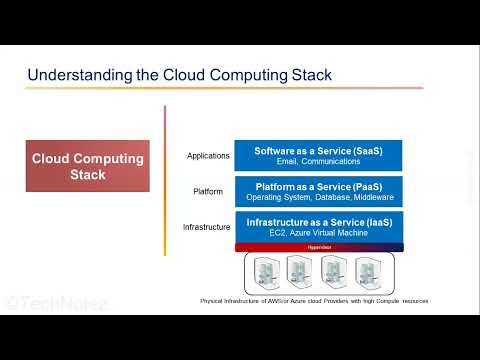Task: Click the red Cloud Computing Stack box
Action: [88, 166]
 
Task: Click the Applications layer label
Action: [208, 156]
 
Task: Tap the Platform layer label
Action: [208, 191]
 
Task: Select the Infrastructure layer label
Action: [207, 227]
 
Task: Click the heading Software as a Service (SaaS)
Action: [318, 150]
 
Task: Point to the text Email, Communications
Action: [318, 162]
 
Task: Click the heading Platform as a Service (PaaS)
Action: [318, 186]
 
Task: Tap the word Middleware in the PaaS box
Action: [370, 198]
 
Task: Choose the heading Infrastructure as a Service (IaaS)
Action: [318, 221]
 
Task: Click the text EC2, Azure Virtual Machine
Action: [318, 233]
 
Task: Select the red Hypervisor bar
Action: [318, 246]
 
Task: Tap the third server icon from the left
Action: [335, 272]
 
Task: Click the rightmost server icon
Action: [368, 272]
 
